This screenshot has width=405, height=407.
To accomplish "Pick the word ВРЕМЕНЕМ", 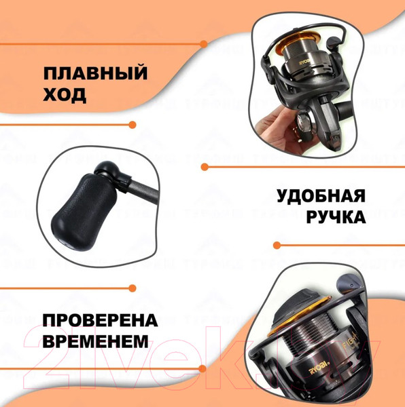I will [x=94, y=341].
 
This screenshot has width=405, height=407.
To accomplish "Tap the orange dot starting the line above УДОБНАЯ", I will [x=203, y=166].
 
